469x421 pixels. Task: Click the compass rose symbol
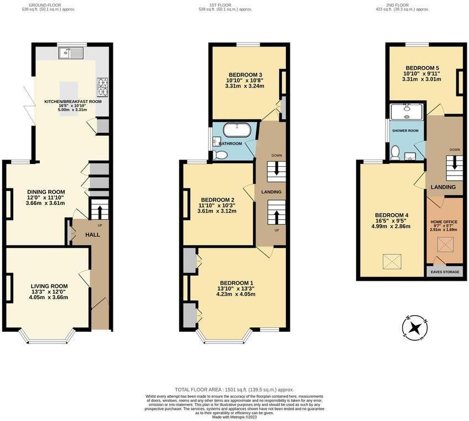[x=415, y=327]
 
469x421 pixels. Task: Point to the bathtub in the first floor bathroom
[x=237, y=131]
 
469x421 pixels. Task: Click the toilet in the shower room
[x=394, y=152]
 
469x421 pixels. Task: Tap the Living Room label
[x=49, y=286]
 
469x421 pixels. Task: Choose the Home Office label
[x=444, y=222]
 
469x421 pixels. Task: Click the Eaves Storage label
[x=445, y=272]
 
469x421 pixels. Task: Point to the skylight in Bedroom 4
[x=392, y=260]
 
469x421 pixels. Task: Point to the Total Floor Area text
[x=234, y=390]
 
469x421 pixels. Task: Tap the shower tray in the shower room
[x=407, y=111]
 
